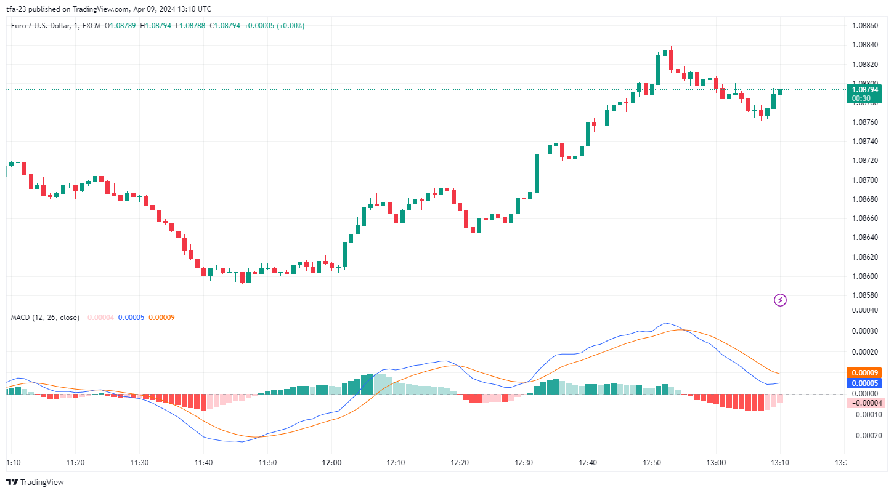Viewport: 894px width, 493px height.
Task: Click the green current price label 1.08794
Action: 865,90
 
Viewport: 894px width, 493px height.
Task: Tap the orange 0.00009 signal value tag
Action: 865,372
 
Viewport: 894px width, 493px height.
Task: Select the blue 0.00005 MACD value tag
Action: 865,383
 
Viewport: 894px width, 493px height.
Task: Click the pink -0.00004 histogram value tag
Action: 865,403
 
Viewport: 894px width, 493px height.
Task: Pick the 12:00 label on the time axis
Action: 331,463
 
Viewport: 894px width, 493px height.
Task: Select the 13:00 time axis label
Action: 716,463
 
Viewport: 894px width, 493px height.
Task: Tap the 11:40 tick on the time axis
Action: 203,463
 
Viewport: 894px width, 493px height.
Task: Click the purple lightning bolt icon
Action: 780,300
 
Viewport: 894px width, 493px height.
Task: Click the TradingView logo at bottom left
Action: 35,482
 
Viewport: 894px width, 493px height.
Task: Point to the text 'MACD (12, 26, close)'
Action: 45,318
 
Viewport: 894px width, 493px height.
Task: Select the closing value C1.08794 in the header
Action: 225,26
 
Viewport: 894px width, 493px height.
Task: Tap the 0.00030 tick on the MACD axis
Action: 865,331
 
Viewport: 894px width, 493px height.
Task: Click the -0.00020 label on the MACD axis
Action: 865,435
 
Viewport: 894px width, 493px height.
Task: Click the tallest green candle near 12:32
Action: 537,172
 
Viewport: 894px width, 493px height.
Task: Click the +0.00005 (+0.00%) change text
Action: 274,26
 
